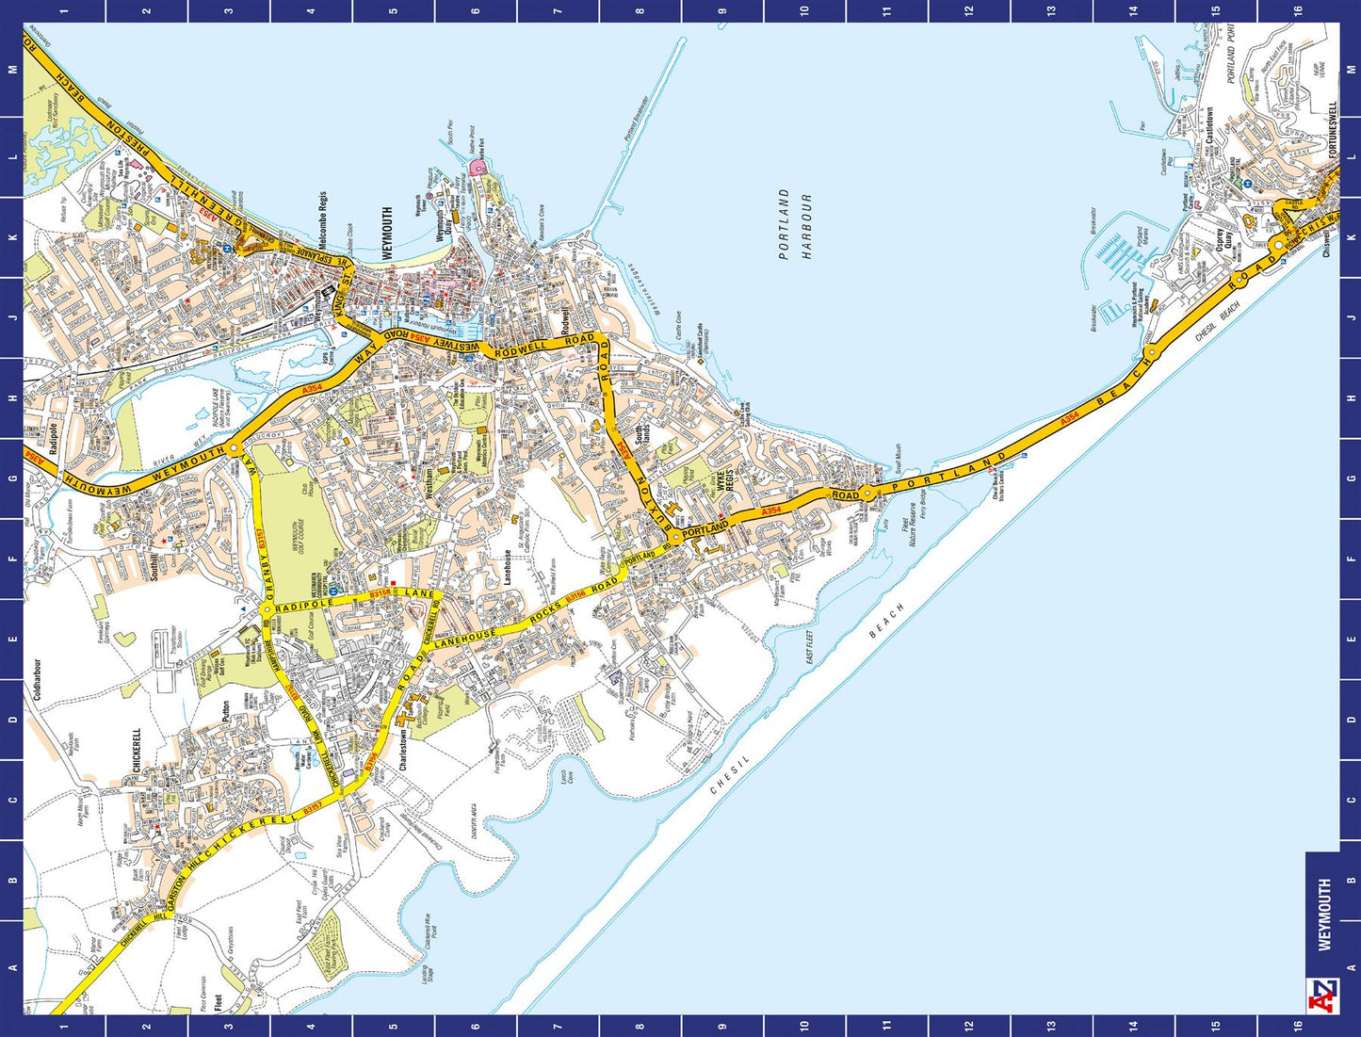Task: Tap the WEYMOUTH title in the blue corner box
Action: coord(1324,915)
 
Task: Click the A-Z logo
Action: coord(1322,995)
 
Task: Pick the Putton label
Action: coord(226,711)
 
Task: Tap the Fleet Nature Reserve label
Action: coord(909,526)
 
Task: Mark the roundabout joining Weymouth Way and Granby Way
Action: coord(233,449)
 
